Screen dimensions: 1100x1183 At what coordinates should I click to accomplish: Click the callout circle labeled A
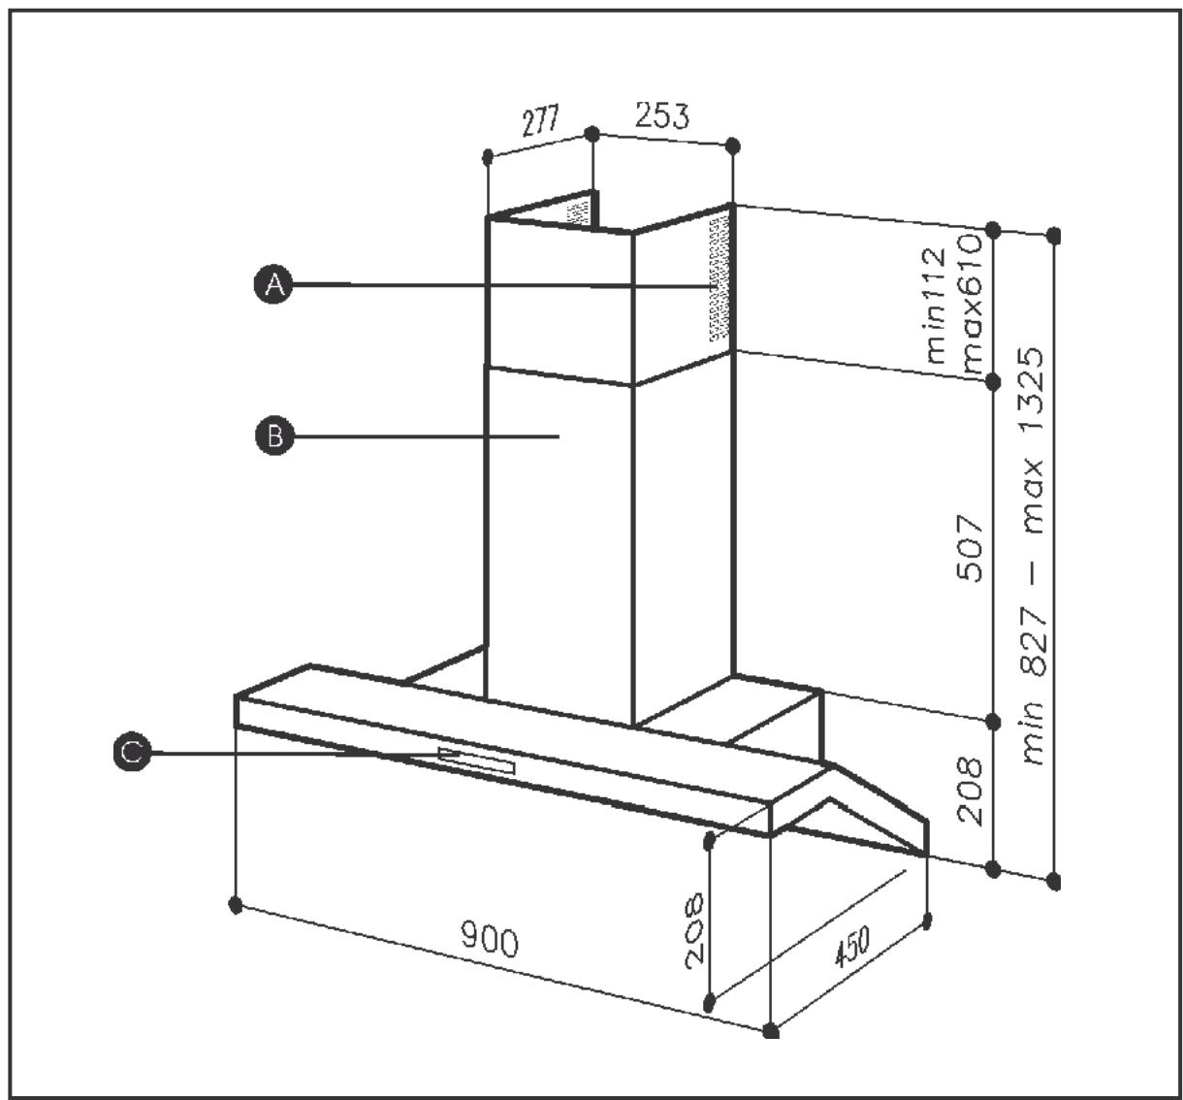click(x=276, y=284)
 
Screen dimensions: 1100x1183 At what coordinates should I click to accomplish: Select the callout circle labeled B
click(x=274, y=437)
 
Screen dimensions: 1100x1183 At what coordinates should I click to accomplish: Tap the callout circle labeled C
click(x=131, y=752)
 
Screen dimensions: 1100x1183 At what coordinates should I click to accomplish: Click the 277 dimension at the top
click(x=540, y=123)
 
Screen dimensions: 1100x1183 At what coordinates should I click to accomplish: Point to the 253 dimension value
click(x=662, y=115)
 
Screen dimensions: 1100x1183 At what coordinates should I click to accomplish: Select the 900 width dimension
click(x=490, y=940)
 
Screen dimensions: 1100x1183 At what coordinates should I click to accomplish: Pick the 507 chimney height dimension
click(x=971, y=549)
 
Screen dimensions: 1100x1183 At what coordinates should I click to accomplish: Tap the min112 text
click(x=934, y=305)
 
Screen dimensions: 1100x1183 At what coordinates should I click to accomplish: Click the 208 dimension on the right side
click(x=971, y=791)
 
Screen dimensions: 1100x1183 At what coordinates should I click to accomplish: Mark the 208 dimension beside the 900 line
click(x=694, y=930)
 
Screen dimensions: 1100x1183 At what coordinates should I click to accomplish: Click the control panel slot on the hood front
click(x=477, y=760)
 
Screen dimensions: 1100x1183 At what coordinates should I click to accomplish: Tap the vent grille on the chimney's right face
click(x=718, y=278)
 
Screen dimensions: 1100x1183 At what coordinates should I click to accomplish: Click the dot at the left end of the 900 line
click(x=235, y=904)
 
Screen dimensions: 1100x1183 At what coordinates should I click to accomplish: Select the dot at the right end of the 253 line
click(x=733, y=146)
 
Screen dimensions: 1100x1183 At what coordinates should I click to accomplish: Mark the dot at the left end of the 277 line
click(x=489, y=155)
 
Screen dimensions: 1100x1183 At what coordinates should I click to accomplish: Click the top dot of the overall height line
click(x=1054, y=235)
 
